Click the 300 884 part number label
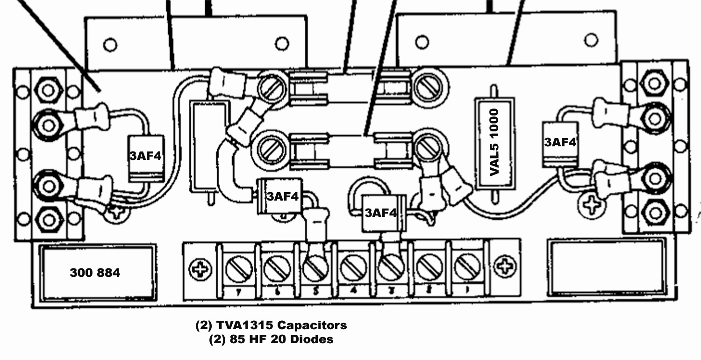click(x=95, y=273)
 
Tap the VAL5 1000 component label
click(x=494, y=142)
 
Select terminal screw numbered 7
click(x=239, y=269)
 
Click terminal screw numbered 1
click(x=467, y=268)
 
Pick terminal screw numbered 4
click(x=353, y=269)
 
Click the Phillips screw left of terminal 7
click(x=200, y=269)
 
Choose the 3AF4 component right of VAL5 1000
click(x=560, y=143)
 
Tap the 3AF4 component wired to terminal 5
click(x=282, y=196)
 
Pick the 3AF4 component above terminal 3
click(x=380, y=213)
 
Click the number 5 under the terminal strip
click(x=315, y=291)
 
